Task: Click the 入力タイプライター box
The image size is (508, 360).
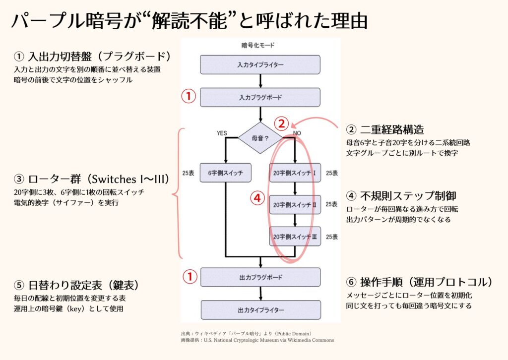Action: tap(260, 65)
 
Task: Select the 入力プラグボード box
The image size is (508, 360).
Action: tap(260, 97)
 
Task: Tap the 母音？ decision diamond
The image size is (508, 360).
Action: tap(260, 138)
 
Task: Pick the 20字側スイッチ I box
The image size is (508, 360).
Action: tap(295, 173)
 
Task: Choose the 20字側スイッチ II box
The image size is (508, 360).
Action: tap(295, 204)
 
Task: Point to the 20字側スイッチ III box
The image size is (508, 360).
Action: tap(295, 237)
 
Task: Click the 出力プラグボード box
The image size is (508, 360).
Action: tap(260, 277)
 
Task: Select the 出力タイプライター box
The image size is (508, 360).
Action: tap(260, 310)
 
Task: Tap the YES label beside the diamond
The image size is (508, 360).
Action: tap(222, 133)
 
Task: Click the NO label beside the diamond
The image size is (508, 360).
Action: tap(297, 133)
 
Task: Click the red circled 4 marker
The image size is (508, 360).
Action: tap(256, 198)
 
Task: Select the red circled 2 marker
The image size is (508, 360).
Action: tap(281, 123)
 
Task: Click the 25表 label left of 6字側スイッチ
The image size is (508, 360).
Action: tap(188, 173)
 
